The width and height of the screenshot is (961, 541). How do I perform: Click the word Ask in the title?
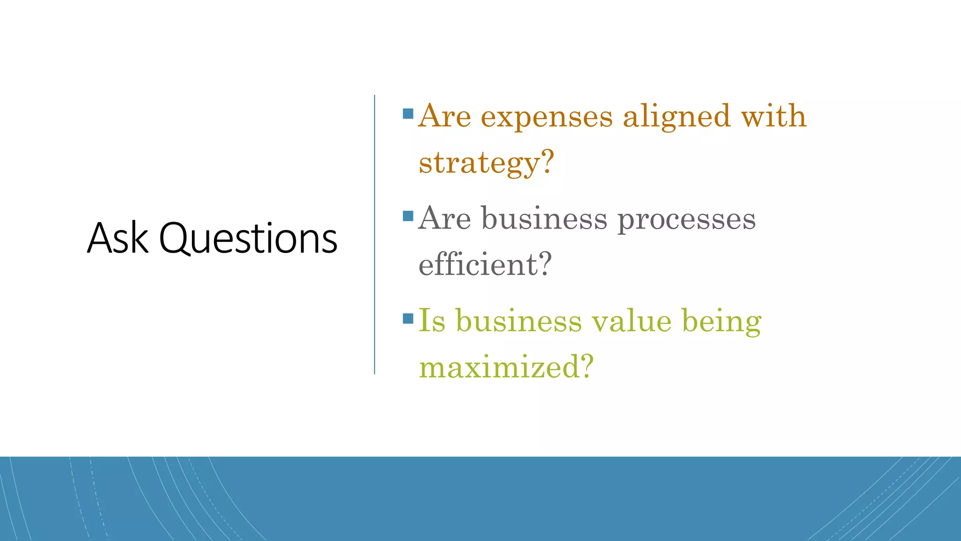[x=118, y=239]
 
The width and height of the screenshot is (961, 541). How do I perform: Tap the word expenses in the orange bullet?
[x=547, y=116]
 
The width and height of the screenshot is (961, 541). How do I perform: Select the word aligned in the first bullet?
[x=676, y=117]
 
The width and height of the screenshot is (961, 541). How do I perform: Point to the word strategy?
[x=486, y=163]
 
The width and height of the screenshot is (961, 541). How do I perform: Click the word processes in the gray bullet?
[x=686, y=220]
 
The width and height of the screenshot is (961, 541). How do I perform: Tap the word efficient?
[x=485, y=264]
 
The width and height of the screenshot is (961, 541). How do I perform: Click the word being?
[x=721, y=322]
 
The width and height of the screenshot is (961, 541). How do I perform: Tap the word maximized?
[x=506, y=366]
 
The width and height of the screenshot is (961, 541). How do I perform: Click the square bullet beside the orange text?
[x=408, y=114]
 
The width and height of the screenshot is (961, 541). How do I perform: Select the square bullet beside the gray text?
[x=408, y=216]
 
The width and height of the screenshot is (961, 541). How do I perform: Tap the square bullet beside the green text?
[x=408, y=319]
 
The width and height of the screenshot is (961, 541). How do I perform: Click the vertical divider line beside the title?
[x=374, y=235]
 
